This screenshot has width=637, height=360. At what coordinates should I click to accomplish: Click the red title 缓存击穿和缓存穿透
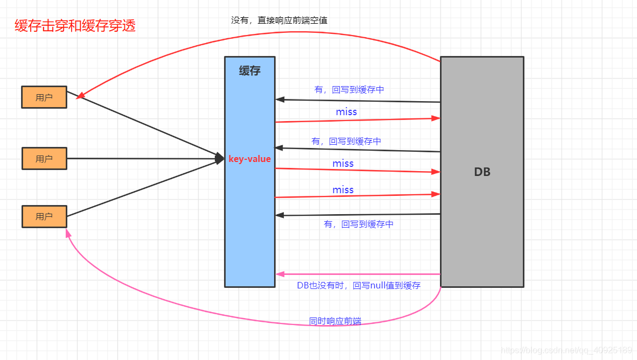point(75,25)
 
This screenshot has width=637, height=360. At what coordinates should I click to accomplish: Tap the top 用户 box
point(44,97)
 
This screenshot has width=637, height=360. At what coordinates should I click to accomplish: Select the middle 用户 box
point(44,159)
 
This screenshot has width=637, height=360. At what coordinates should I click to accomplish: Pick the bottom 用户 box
point(44,216)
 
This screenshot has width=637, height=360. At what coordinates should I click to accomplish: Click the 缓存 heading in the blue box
point(249,70)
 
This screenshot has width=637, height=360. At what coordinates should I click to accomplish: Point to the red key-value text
point(249,159)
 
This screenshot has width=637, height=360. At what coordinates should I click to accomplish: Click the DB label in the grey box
point(482,172)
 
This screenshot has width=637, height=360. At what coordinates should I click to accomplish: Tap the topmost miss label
point(346,112)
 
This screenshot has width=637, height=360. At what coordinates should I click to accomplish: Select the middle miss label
point(343,164)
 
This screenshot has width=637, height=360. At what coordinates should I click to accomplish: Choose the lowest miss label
point(343,190)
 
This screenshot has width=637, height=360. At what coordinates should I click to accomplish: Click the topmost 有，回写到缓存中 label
point(349,90)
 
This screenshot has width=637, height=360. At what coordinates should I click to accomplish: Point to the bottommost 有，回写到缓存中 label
point(359,224)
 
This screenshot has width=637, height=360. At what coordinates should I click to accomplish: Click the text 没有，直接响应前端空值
point(279,20)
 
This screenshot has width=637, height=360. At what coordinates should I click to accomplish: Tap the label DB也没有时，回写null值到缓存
point(359,286)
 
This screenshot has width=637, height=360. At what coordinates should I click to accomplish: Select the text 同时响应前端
point(335,321)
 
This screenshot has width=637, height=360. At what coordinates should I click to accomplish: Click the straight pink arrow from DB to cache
point(358,274)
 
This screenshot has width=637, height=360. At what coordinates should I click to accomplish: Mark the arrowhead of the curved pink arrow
point(68,233)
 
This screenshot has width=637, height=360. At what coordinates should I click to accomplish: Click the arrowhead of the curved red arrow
point(80,96)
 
